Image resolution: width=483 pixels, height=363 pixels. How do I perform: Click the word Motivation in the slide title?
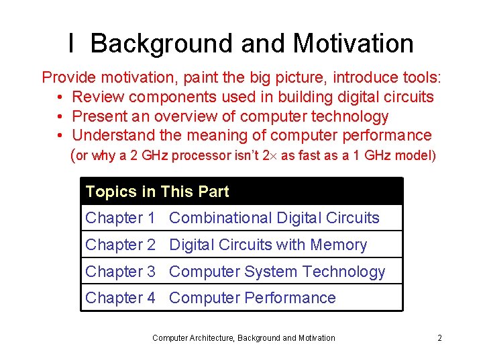tap(353, 44)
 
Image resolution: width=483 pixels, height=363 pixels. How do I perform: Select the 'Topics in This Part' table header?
tap(157, 192)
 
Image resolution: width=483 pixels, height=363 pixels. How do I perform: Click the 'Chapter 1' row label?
tap(120, 218)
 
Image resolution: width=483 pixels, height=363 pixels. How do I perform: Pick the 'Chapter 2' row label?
tap(120, 245)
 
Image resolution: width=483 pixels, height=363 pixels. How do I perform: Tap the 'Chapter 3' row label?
tap(120, 272)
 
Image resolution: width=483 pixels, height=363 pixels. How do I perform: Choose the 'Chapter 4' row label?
tap(120, 298)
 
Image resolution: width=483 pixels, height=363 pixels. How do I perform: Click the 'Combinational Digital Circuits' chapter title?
tap(274, 218)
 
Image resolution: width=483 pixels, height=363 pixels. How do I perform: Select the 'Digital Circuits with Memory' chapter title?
tap(268, 245)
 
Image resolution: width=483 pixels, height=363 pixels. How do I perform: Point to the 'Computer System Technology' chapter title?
tap(277, 272)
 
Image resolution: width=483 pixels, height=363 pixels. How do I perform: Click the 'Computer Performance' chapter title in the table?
tap(252, 298)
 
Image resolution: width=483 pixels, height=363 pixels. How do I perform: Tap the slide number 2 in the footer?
tap(439, 338)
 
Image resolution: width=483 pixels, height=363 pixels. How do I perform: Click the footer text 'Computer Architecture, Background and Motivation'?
tap(244, 338)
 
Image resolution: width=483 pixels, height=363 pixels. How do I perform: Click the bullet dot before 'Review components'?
tap(60, 97)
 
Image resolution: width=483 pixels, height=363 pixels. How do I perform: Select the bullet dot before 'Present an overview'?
tap(60, 117)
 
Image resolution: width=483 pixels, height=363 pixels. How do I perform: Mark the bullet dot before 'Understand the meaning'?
tap(60, 136)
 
